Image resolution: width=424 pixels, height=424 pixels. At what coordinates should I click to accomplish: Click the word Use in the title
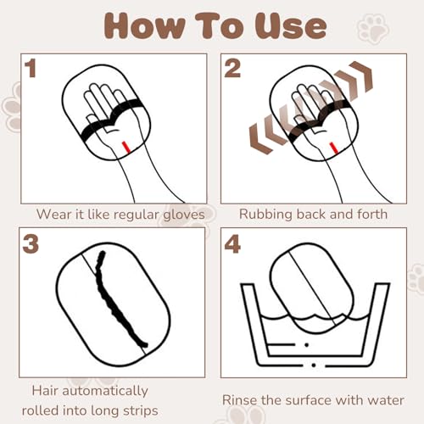coord(291,26)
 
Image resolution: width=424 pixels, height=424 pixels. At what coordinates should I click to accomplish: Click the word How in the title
coord(144,26)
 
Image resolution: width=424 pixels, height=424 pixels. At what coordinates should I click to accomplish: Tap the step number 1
coord(31,68)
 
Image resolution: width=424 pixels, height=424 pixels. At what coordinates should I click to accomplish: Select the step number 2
coord(232,68)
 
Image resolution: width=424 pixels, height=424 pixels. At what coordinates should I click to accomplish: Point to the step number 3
coord(31,244)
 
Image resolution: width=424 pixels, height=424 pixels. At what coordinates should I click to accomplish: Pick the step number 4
coord(232,243)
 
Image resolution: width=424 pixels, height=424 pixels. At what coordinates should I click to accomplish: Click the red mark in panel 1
coord(126,147)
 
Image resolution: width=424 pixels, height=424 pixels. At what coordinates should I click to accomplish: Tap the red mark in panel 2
coord(333,148)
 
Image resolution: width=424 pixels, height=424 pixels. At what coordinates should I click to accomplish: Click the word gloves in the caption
coord(184,215)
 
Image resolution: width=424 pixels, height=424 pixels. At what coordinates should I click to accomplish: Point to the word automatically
coord(105,391)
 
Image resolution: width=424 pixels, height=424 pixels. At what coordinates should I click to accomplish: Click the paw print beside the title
coord(372,28)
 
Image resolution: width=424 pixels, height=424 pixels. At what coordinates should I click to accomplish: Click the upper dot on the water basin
coord(307,344)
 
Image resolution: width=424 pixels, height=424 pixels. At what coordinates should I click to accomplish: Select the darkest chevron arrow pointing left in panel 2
coord(261,138)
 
